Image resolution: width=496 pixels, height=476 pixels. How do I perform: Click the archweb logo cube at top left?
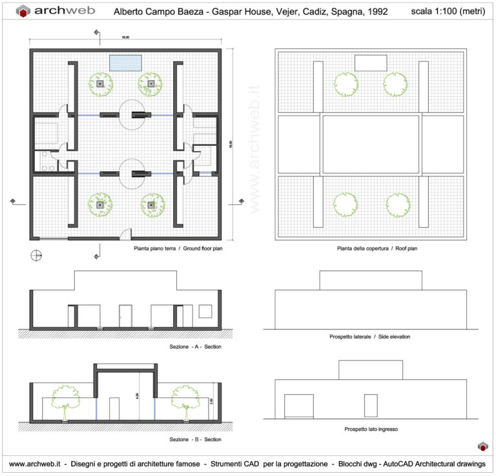23,11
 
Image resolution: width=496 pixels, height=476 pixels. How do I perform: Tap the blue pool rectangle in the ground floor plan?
125,62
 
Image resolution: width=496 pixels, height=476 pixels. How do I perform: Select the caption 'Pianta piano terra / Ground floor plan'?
178,248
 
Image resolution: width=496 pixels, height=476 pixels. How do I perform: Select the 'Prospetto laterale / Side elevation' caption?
369,337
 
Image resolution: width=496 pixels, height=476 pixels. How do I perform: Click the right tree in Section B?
186,400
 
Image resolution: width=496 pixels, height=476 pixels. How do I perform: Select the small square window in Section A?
205,311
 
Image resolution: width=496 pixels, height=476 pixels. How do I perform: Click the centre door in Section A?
125,316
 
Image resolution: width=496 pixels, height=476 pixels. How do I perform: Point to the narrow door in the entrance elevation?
370,406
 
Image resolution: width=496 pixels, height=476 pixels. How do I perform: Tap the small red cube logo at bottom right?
481,446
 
